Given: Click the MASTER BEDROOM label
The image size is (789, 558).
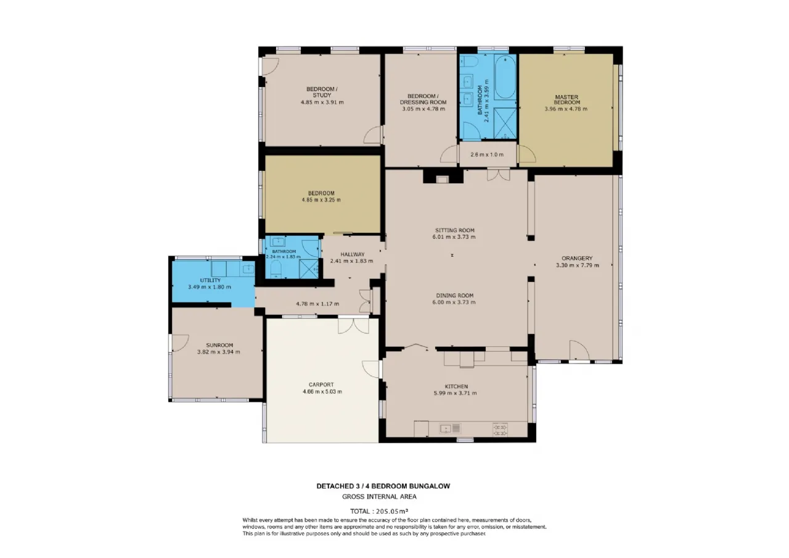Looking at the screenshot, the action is click(566, 99).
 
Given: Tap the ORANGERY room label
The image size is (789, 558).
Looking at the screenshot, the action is click(577, 258).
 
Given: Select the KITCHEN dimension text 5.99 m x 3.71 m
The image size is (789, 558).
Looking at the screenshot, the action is click(455, 393).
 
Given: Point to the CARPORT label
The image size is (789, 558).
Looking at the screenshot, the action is click(321, 385).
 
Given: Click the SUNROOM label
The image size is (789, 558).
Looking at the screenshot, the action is click(219, 345).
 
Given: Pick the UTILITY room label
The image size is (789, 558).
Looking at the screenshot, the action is click(210, 280).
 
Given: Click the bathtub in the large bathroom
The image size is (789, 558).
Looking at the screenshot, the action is click(505, 77).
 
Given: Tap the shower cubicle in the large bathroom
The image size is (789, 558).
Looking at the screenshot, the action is click(505, 123).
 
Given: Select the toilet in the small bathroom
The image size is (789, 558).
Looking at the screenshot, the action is click(276, 269).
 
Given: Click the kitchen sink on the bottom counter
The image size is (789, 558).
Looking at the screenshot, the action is click(450, 428).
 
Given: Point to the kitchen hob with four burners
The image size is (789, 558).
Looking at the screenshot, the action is click(500, 429).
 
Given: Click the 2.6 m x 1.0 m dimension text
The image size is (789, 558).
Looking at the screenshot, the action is click(487, 154).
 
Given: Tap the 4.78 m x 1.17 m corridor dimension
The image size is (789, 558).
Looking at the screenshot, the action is click(317, 304).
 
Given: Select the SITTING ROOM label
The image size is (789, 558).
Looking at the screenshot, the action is click(455, 230).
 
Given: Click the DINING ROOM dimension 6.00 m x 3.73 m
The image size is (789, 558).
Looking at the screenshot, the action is click(454, 302).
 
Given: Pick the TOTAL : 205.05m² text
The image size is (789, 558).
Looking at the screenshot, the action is click(379, 511).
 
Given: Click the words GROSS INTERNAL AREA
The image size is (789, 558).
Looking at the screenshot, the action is click(379, 497).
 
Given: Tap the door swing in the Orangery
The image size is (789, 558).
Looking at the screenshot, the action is click(579, 350).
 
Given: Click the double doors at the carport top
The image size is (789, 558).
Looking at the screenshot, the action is click(353, 325).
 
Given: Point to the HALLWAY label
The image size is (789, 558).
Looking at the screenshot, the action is click(352, 254).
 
